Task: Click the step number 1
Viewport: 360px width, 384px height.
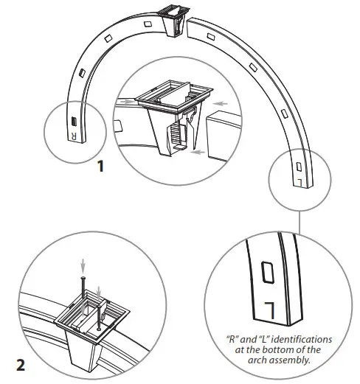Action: coord(101,166)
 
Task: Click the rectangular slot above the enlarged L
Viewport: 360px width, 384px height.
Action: coord(267,273)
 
